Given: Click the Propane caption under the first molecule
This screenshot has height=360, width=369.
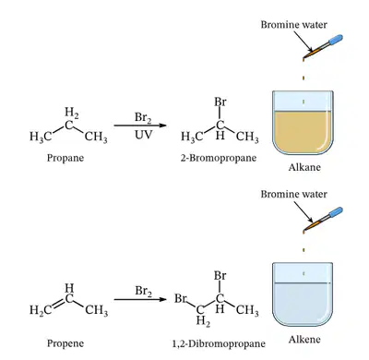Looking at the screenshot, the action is pyautogui.click(x=65, y=158).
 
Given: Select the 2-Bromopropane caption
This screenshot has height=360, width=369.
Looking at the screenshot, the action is pyautogui.click(x=219, y=158).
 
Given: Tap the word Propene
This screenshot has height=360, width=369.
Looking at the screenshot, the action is pyautogui.click(x=65, y=343).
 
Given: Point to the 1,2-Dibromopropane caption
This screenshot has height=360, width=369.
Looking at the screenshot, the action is pyautogui.click(x=219, y=343).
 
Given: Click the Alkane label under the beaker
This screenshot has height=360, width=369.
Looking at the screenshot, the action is pyautogui.click(x=304, y=167).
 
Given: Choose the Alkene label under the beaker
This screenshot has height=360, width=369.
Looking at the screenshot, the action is pyautogui.click(x=304, y=340).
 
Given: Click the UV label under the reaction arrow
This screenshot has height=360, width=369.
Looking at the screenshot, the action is pyautogui.click(x=143, y=135).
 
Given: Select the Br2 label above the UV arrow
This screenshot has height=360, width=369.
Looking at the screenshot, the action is pyautogui.click(x=143, y=117).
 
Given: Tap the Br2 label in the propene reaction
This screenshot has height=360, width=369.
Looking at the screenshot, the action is pyautogui.click(x=143, y=291).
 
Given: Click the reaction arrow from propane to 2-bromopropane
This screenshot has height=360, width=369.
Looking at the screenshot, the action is pyautogui.click(x=140, y=126).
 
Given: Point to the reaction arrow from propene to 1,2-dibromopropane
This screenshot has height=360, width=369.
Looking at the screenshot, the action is pyautogui.click(x=140, y=299).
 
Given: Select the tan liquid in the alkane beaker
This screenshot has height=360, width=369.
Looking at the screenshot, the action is pyautogui.click(x=303, y=132).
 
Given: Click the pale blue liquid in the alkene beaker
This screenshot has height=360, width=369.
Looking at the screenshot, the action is pyautogui.click(x=303, y=305).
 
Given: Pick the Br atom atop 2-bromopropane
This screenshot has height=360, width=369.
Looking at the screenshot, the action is pyautogui.click(x=220, y=102).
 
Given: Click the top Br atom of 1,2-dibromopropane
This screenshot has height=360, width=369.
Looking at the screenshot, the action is pyautogui.click(x=220, y=276).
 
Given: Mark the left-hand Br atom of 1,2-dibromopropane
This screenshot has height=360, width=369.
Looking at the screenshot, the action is pyautogui.click(x=181, y=298).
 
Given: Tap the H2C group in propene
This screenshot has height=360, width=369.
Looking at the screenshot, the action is pyautogui.click(x=41, y=310).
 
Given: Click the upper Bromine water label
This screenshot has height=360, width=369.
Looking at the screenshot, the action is pyautogui.click(x=294, y=25).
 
